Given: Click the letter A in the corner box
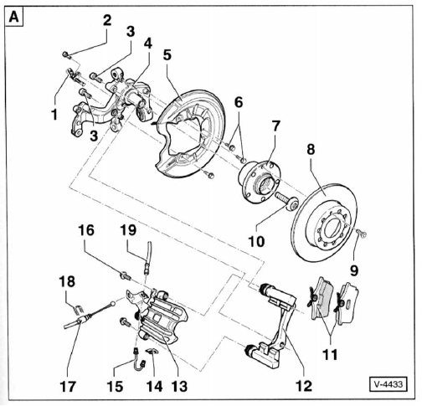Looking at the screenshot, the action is (x=13, y=17).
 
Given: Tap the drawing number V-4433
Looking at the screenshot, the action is (x=389, y=384).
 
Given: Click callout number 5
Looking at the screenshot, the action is (x=167, y=55).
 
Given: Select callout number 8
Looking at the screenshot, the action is (x=311, y=149).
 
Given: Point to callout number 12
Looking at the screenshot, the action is (x=304, y=386).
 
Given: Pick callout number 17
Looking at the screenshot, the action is (x=68, y=387).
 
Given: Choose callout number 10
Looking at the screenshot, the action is (x=256, y=241).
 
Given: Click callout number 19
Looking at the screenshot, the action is (x=128, y=230).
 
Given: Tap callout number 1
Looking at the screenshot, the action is (x=54, y=115).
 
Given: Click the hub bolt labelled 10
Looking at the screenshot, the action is (x=287, y=201).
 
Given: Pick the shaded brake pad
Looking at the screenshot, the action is (x=320, y=298).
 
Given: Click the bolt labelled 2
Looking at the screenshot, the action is (x=66, y=54).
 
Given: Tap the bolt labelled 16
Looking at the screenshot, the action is (x=126, y=276).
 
